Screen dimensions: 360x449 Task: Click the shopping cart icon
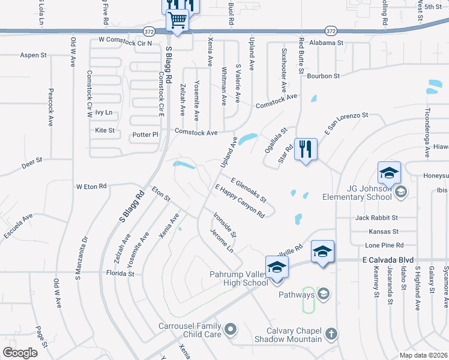178,20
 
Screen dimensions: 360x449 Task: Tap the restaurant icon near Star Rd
306,149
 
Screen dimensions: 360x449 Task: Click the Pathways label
297,295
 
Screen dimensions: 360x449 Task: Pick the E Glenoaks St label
249,190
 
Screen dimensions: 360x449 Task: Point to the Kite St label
105,130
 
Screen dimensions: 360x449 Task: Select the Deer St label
32,160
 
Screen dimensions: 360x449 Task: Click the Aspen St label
34,55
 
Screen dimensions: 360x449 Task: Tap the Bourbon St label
323,76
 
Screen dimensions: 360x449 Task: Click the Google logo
20,353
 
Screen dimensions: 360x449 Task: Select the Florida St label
119,273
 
